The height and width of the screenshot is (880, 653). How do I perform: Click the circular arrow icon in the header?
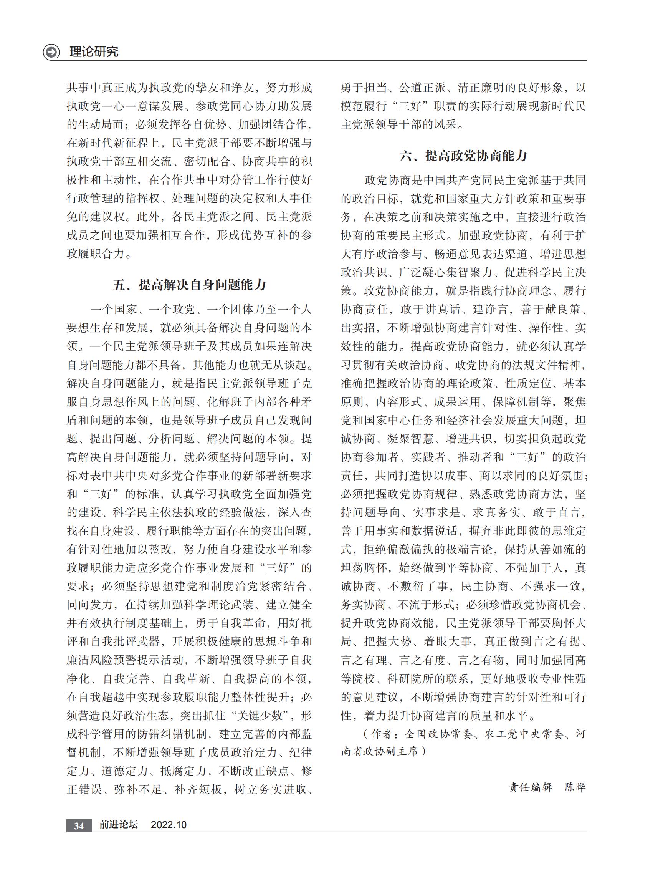tap(51, 52)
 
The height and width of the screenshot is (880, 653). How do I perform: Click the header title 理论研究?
tap(94, 52)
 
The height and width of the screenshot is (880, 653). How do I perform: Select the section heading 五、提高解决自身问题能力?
tap(189, 285)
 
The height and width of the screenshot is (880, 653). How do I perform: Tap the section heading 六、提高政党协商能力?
tap(463, 156)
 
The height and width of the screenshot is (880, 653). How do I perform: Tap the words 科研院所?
tap(417, 679)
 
